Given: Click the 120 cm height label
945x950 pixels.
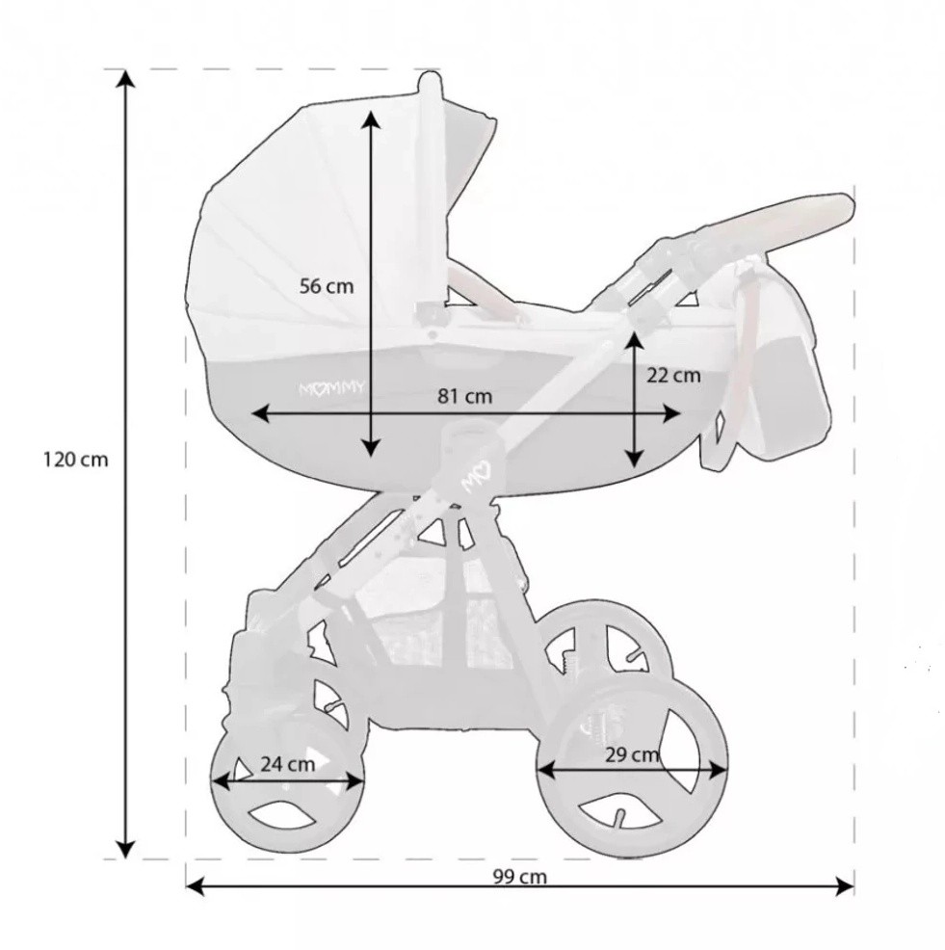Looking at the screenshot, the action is tap(75, 460).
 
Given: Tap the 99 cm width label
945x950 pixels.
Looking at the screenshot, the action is tap(519, 877).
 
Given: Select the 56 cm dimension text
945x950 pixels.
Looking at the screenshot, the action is tap(327, 286).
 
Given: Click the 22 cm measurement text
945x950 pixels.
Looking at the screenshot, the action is tap(673, 376).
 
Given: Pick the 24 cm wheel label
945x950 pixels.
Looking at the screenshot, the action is tap(288, 765).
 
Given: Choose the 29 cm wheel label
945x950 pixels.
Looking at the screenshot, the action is tap(632, 755).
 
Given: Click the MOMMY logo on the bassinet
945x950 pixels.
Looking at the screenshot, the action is tap(332, 389).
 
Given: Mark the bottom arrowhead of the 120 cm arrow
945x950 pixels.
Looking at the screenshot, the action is tap(125, 849).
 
